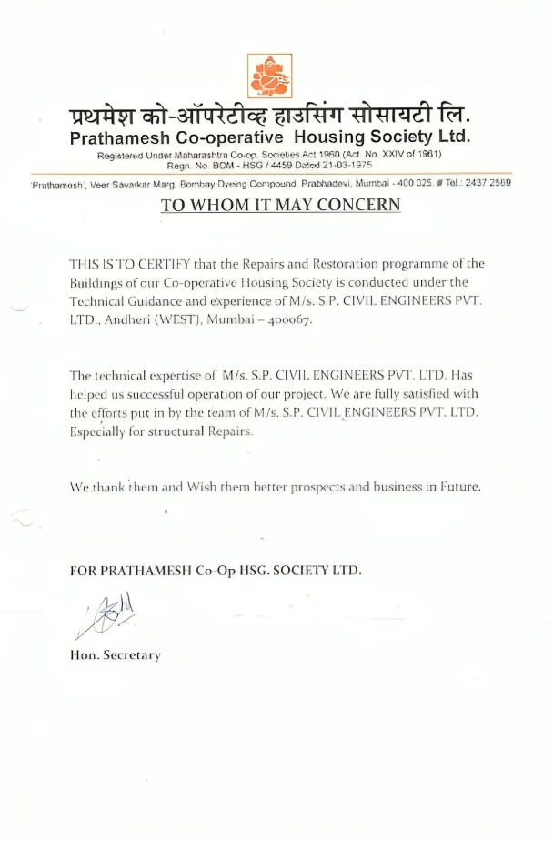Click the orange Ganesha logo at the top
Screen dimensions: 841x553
tap(270, 76)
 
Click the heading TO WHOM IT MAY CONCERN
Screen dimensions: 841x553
tap(280, 205)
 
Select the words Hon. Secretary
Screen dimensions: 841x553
tap(116, 655)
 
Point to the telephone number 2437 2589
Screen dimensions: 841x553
tap(489, 183)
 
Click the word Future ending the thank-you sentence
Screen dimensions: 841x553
tap(458, 487)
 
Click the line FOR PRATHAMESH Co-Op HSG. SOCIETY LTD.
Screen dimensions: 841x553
tap(216, 571)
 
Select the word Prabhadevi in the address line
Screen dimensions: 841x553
tap(327, 183)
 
